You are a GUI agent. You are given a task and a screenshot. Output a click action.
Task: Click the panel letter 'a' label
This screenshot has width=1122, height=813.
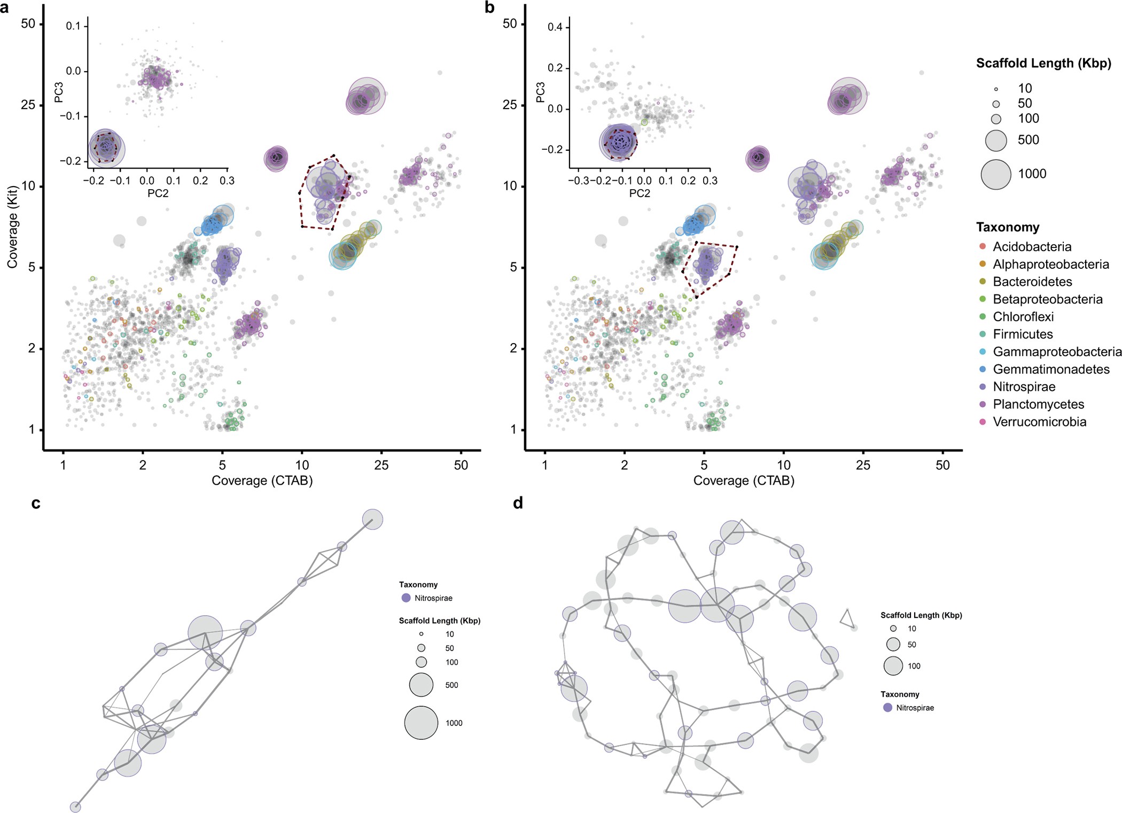[5, 7]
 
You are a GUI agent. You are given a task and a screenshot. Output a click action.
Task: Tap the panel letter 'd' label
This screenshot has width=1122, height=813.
[518, 504]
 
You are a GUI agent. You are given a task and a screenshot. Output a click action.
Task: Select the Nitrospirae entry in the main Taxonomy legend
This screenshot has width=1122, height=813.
[1024, 386]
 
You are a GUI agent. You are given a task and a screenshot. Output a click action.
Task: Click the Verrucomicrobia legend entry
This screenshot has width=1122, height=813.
[1039, 422]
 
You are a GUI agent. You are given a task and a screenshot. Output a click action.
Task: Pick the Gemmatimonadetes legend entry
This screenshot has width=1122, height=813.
[1051, 369]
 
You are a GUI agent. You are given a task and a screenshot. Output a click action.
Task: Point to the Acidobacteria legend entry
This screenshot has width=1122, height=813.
[1032, 247]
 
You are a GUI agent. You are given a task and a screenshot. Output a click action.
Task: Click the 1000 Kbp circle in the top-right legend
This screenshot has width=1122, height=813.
[996, 174]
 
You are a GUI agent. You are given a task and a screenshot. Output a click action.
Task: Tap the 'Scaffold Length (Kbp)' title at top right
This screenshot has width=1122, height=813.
[1043, 63]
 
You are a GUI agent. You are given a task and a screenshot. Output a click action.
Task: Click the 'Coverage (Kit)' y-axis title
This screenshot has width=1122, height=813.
[12, 227]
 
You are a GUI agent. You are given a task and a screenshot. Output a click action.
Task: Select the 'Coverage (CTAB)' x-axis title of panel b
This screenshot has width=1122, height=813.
[744, 481]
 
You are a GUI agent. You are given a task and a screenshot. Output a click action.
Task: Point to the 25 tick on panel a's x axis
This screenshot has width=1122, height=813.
[381, 465]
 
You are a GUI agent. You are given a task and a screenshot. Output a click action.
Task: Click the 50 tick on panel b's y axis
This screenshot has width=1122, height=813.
[510, 24]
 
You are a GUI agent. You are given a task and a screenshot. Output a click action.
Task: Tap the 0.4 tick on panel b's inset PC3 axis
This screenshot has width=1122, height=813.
[555, 27]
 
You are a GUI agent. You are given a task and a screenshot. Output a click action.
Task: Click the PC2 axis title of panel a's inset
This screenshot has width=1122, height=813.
[158, 193]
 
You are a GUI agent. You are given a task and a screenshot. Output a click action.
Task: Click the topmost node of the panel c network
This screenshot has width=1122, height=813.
[372, 519]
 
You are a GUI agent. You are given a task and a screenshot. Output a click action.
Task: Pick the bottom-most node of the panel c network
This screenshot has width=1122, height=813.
[76, 807]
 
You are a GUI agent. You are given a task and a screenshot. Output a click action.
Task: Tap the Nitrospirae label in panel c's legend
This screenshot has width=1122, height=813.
[433, 598]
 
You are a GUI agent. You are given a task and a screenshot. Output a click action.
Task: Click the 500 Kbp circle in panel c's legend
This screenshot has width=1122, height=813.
[421, 685]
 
